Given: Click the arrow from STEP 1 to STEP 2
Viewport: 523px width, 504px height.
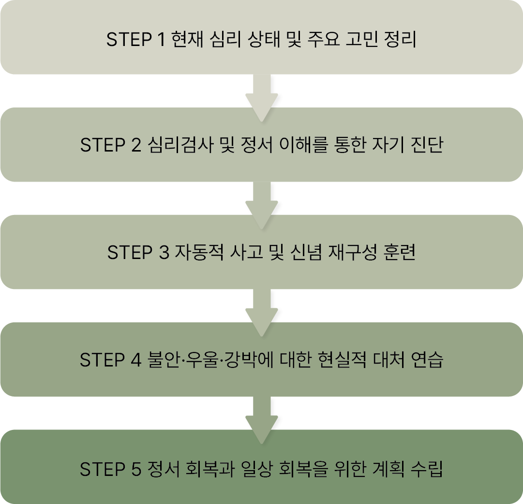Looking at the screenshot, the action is [261, 96].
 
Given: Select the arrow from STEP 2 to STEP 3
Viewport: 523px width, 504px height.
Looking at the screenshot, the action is [261, 203].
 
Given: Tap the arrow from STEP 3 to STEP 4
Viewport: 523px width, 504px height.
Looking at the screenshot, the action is [261, 311].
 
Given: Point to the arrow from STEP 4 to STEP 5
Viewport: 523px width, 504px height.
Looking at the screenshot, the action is [261, 418].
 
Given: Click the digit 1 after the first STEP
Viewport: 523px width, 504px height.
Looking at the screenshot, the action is [162, 40].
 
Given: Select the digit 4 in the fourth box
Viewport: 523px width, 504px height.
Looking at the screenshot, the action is [136, 360].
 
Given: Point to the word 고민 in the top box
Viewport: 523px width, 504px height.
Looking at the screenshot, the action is [357, 40].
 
